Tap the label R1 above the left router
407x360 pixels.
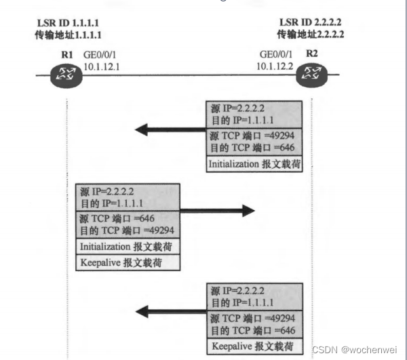[x=65, y=53]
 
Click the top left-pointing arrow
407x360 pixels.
[x=171, y=129]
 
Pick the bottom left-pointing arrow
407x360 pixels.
[x=171, y=312]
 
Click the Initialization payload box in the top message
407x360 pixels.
[x=254, y=163]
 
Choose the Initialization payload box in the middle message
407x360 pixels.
[x=127, y=246]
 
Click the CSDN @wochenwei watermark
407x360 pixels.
[x=357, y=350]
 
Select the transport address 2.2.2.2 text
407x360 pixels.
[x=311, y=34]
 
